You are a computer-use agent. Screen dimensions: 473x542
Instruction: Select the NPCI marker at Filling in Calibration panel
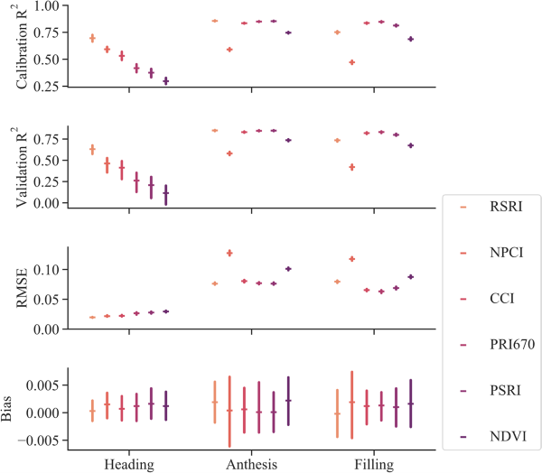tap(352, 62)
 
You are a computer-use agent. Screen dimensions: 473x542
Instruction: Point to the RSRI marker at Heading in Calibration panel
tap(92, 38)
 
